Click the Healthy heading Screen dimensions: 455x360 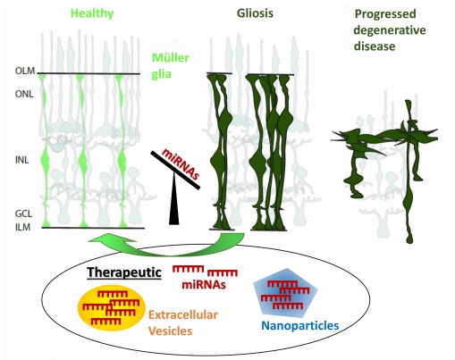tap(92, 13)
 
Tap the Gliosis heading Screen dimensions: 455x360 tap(255, 13)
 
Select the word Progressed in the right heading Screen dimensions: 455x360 tap(385, 14)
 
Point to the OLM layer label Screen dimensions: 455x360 tap(25, 71)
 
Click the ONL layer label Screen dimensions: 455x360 tap(24, 94)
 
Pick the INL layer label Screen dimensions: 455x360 tap(22, 160)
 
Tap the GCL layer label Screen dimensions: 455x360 tap(23, 213)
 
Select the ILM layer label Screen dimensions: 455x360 tap(22, 227)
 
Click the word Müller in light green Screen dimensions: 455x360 tap(171, 58)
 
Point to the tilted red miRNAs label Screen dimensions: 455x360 tap(181, 163)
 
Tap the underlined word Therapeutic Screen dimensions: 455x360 tap(124, 272)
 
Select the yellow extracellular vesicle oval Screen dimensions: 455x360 tap(112, 308)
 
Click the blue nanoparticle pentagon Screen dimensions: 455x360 tap(285, 291)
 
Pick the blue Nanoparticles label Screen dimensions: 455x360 tap(300, 326)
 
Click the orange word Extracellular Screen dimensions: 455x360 tap(183, 315)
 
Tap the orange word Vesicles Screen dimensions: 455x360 tap(170, 331)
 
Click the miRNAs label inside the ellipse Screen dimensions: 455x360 tap(204, 285)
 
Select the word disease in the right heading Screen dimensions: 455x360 tap(375, 46)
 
